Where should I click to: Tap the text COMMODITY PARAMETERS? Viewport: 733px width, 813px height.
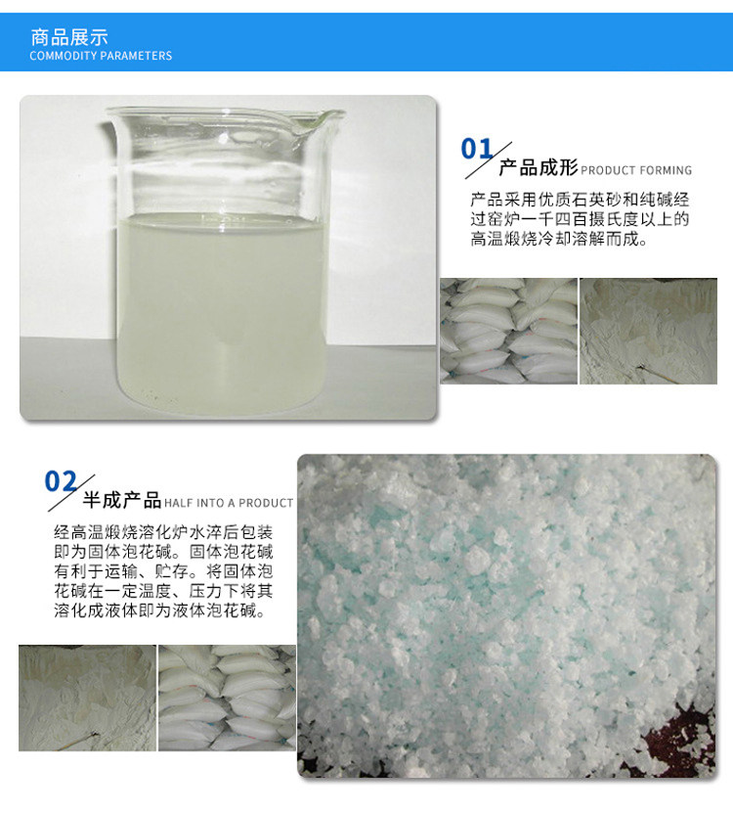101,56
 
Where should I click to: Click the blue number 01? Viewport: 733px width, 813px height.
478,149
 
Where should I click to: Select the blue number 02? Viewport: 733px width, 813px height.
61,481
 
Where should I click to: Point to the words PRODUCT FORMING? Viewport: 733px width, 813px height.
636,170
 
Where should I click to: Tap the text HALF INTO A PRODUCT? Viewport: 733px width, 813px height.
229,503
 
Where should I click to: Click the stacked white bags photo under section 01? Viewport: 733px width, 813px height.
507,331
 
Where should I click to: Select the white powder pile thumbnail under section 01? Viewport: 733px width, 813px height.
649,331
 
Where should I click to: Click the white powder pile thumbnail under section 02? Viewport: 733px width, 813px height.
86,698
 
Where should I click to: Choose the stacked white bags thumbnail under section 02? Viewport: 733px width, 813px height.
227,698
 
